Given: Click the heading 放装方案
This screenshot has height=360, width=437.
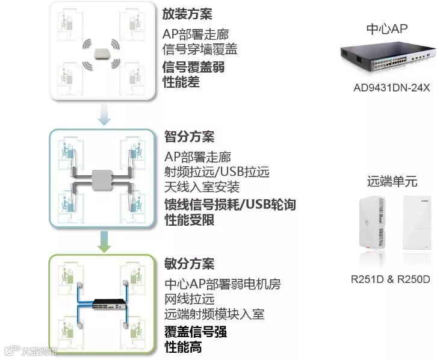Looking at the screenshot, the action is pos(187,14).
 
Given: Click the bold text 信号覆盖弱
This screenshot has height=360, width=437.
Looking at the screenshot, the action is pos(194,67).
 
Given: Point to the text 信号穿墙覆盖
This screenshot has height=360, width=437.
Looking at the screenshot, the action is pos(199,49).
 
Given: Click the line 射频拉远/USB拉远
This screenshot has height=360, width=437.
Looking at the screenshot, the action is pos(216,172).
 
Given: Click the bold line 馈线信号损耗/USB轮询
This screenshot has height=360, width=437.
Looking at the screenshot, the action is pos(230,205).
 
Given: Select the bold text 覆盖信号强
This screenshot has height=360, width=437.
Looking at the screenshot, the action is pos(196,332).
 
